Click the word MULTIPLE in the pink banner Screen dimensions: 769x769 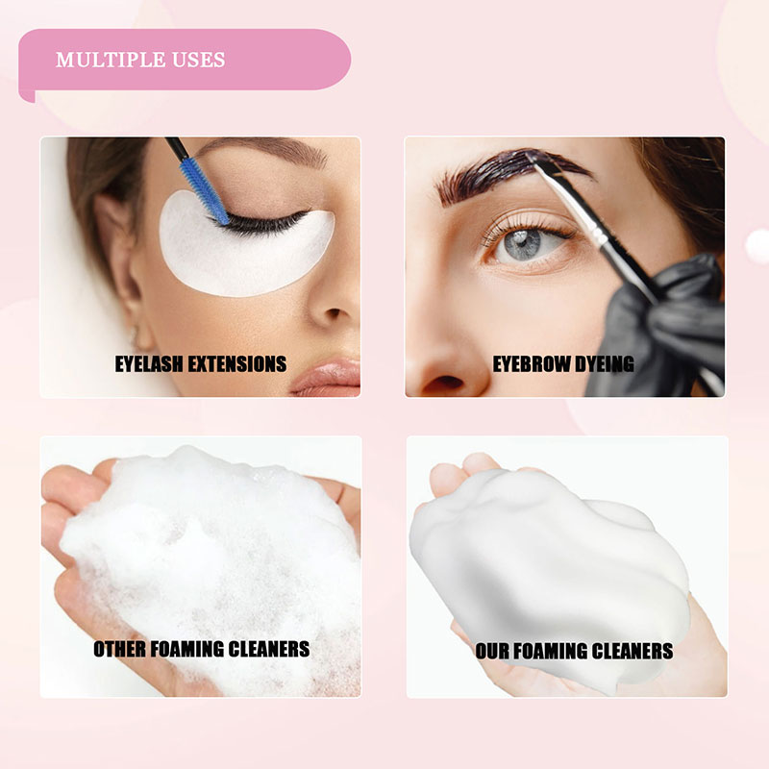pos(110,60)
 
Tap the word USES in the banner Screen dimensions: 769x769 pos(199,60)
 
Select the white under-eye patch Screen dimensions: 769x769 pos(246,245)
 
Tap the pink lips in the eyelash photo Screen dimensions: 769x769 pos(327,378)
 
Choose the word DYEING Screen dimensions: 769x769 pos(605,364)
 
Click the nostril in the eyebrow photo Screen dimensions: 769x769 pos(445,382)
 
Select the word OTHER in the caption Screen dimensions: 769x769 pos(119,649)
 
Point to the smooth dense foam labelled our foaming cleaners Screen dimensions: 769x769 pos(549,564)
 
